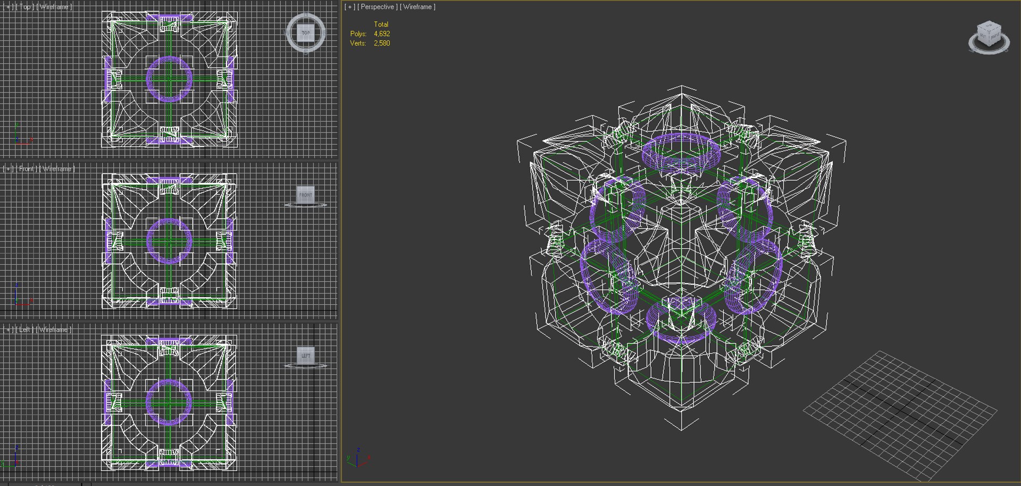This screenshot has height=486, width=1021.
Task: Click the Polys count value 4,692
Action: click(382, 33)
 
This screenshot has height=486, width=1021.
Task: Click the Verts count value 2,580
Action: click(382, 43)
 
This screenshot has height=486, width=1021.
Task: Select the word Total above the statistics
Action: click(381, 24)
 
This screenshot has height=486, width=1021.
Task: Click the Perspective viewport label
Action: click(377, 7)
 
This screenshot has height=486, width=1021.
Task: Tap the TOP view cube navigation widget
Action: click(306, 33)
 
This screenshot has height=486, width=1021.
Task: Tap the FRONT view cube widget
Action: click(306, 195)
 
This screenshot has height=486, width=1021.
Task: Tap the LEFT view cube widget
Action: click(306, 356)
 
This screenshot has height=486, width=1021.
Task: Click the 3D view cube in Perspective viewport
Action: click(989, 36)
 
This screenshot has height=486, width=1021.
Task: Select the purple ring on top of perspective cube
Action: click(681, 137)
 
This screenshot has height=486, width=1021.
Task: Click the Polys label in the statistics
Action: click(358, 33)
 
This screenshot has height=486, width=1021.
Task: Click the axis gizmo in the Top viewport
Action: click(21, 136)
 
